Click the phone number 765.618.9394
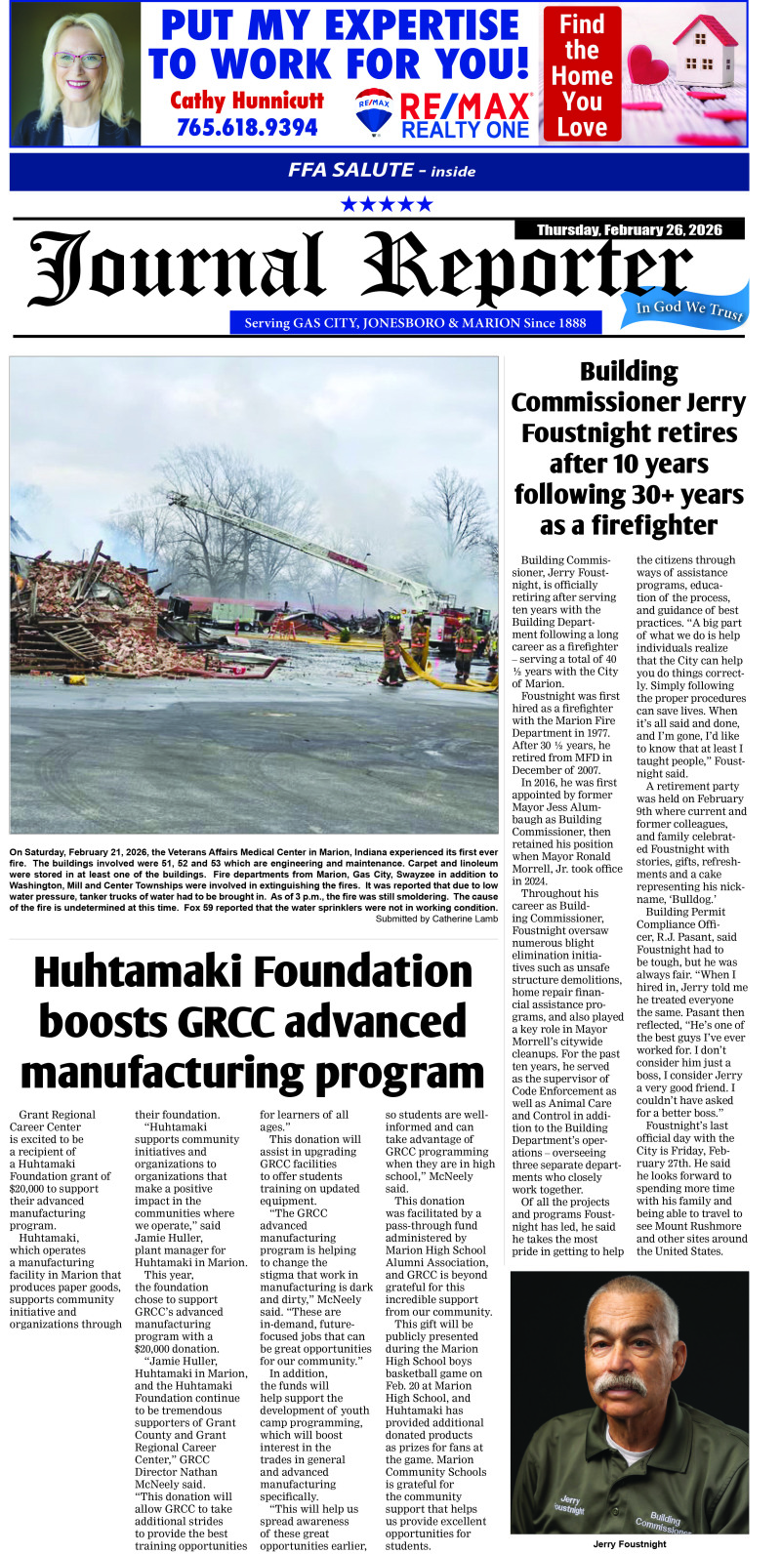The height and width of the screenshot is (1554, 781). tap(247, 127)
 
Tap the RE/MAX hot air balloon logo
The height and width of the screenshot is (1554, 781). tap(374, 112)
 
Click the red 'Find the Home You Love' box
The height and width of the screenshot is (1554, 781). tap(582, 75)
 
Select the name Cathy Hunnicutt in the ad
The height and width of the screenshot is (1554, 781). tap(247, 100)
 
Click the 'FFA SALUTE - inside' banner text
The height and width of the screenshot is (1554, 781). tap(382, 170)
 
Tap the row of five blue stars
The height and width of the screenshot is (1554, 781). tap(387, 204)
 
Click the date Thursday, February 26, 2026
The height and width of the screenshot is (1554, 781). tap(630, 229)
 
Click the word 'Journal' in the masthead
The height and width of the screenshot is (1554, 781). tap(176, 269)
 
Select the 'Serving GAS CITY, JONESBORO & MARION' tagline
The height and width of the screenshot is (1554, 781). tap(415, 322)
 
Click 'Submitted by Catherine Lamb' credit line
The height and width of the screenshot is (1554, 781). tap(436, 919)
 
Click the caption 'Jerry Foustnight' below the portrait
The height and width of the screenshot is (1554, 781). tap(630, 1543)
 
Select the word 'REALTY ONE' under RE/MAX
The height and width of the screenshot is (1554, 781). tap(465, 130)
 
